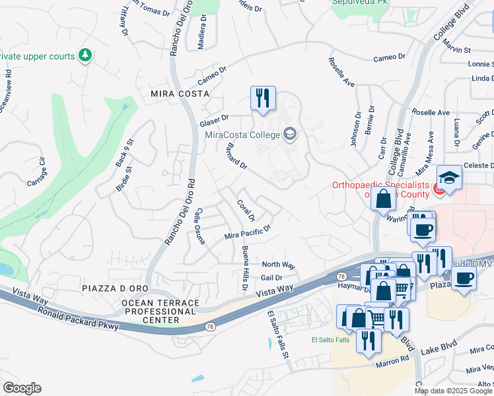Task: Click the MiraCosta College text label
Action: pyautogui.click(x=242, y=135)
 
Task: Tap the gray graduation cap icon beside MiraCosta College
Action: pyautogui.click(x=289, y=135)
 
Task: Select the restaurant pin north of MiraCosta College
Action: pyautogui.click(x=263, y=99)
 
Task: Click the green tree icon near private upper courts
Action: pyautogui.click(x=85, y=55)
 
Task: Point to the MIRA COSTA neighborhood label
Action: pyautogui.click(x=162, y=94)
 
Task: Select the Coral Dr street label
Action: pyautogui.click(x=246, y=210)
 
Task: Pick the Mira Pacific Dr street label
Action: pyautogui.click(x=248, y=232)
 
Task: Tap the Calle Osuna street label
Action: pyautogui.click(x=199, y=226)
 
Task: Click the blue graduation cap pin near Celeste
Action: pyautogui.click(x=449, y=178)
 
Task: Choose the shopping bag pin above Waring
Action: pyautogui.click(x=383, y=198)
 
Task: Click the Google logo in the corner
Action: pyautogui.click(x=22, y=388)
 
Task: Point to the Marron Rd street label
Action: pyautogui.click(x=392, y=361)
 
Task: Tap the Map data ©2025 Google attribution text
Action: pyautogui.click(x=453, y=391)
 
